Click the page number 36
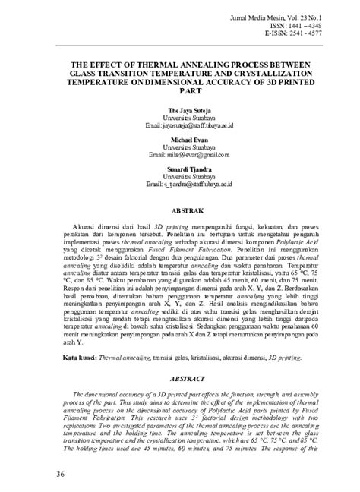39,475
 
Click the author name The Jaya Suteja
184,111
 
